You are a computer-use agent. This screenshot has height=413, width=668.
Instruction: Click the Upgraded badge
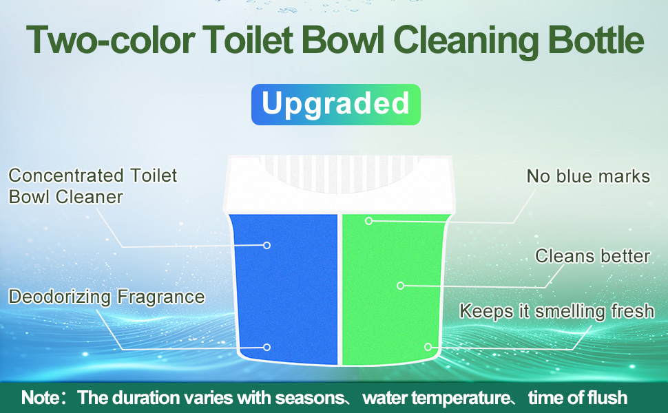coord(335,105)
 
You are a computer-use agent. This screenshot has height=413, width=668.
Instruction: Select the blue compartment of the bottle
coord(284,289)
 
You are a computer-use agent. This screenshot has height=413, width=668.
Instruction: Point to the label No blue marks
coord(588,177)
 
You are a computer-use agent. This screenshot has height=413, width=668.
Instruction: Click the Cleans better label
coord(592,257)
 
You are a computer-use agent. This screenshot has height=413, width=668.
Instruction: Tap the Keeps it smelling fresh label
coord(556,311)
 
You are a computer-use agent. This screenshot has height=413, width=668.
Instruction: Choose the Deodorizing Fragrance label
coord(107,297)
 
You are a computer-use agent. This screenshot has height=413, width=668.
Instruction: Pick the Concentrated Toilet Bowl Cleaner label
coord(92,186)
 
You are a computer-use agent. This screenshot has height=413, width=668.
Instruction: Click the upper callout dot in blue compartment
coord(267,245)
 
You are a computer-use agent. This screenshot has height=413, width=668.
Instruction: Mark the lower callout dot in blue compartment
coord(267,348)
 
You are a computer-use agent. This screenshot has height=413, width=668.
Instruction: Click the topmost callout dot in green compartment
coord(369,221)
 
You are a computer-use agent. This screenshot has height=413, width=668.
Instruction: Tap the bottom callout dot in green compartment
coord(428,347)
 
